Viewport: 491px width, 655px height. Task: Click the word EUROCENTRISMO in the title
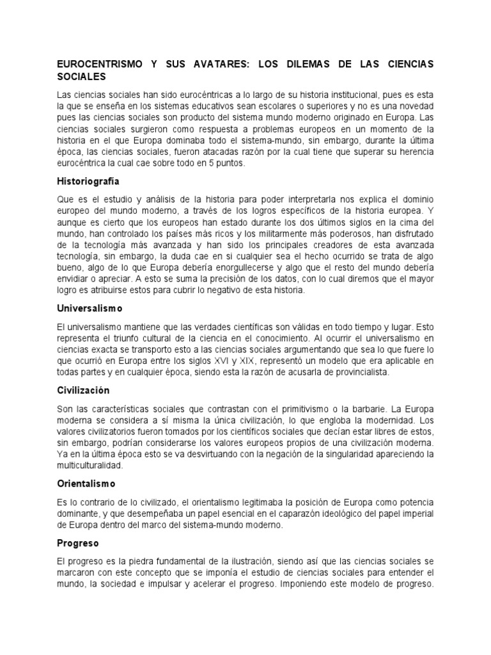[x=95, y=65]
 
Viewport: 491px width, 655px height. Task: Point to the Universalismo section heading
[x=90, y=308]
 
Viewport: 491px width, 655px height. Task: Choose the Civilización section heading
[x=84, y=390]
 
